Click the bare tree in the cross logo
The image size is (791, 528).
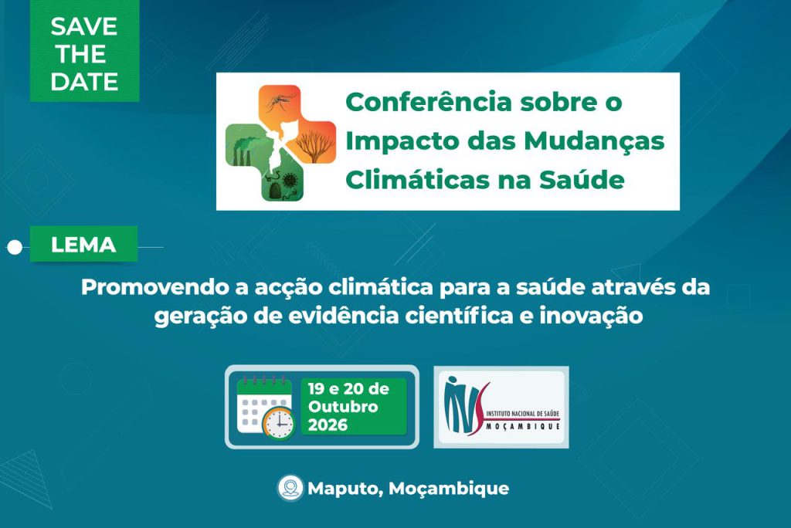pyautogui.click(x=314, y=144)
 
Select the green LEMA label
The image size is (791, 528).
pyautogui.click(x=83, y=245)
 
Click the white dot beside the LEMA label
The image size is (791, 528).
pyautogui.click(x=15, y=248)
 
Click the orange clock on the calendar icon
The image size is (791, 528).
pyautogui.click(x=278, y=422)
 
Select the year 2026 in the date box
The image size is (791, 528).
pyautogui.click(x=328, y=425)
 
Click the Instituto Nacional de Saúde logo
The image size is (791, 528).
pyautogui.click(x=501, y=407)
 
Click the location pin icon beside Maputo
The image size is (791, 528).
pyautogui.click(x=290, y=488)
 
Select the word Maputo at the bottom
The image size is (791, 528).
pyautogui.click(x=345, y=489)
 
